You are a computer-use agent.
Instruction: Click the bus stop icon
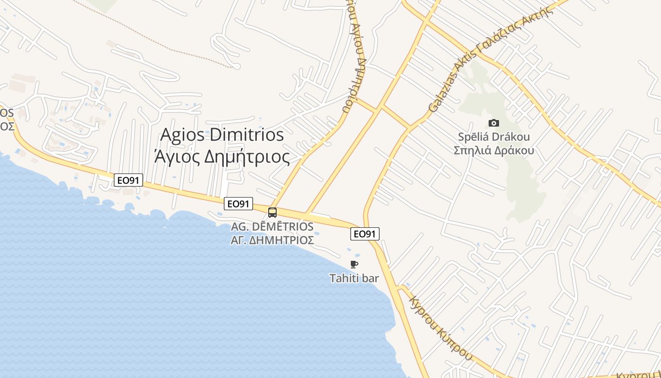(272, 213)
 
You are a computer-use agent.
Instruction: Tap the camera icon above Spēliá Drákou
(494, 123)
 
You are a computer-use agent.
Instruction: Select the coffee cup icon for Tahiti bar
(354, 264)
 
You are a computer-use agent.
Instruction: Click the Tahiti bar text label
(354, 278)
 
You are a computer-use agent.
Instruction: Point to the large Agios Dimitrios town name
(222, 135)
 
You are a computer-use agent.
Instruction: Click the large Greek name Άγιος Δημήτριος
(222, 156)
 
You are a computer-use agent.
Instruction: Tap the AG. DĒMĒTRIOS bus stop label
(272, 227)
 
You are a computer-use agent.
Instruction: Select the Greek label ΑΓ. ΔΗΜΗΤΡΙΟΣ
(272, 240)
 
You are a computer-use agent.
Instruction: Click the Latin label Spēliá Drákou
(494, 137)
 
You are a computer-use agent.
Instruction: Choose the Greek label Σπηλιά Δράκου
(494, 150)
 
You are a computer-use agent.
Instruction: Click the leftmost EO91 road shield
(128, 180)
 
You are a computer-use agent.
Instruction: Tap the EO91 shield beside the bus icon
(238, 204)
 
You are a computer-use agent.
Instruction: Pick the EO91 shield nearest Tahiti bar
(365, 233)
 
